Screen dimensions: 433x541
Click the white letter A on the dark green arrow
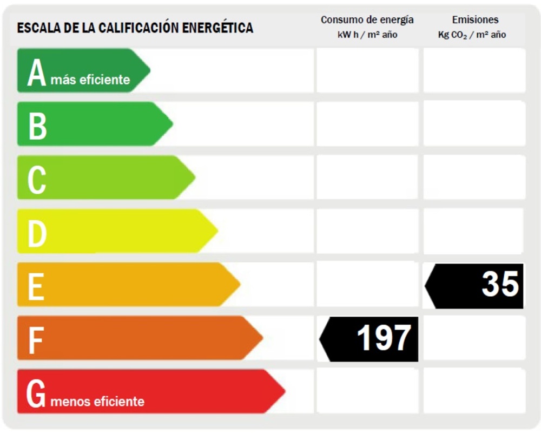[37, 73]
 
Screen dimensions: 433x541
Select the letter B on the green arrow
[37, 126]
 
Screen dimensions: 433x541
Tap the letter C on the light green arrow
[37, 179]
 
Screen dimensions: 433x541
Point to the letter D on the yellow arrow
[37, 233]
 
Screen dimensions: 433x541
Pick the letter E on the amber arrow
[36, 286]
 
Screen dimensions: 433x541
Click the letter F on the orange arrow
[35, 340]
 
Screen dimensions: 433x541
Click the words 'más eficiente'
[90, 80]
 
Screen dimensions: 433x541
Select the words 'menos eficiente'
[97, 402]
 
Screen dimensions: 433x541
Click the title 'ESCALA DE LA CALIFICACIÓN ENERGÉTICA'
[135, 28]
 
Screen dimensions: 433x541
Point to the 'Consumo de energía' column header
[367, 20]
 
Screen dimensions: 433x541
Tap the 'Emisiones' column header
[475, 20]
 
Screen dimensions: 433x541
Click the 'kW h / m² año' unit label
[367, 35]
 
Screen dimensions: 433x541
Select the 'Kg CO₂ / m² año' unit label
[472, 35]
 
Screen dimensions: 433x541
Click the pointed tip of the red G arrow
[283, 391]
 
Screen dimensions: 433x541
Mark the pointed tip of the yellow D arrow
[216, 231]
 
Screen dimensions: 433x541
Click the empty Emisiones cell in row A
[474, 70]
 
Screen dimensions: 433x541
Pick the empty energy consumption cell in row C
[367, 178]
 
